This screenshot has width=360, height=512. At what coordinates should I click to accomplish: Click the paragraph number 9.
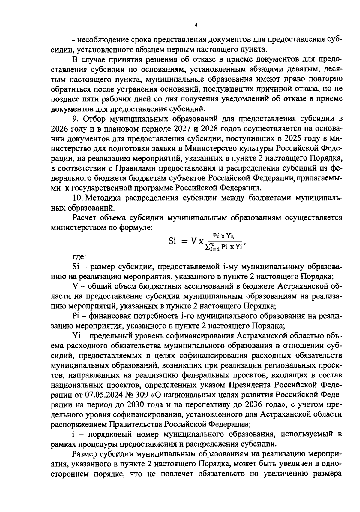point(75,119)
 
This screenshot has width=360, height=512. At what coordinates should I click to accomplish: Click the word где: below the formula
point(79,257)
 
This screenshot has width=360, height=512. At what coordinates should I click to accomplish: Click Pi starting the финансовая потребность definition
point(76,316)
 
